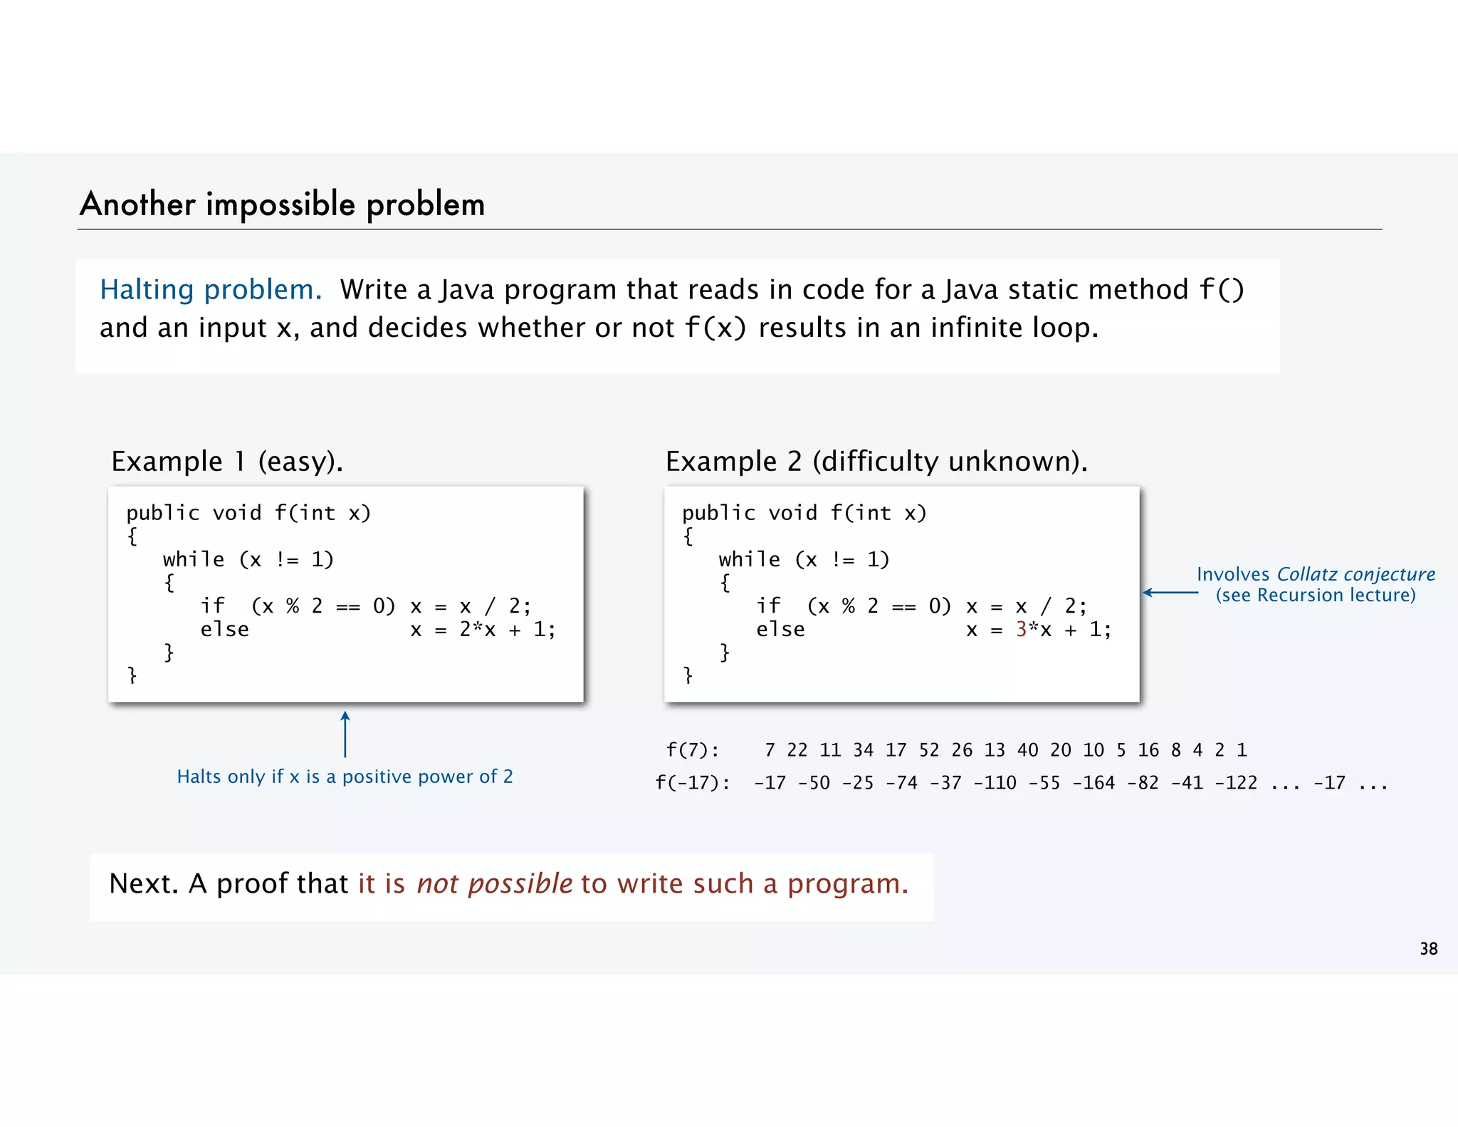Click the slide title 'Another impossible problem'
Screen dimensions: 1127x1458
[283, 204]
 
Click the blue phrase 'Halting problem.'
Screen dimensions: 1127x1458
[211, 290]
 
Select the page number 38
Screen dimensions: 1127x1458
[1428, 949]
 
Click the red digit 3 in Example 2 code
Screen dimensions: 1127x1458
[1022, 629]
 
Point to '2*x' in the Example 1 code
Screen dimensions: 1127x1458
[477, 629]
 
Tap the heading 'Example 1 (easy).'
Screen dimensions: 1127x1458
[227, 462]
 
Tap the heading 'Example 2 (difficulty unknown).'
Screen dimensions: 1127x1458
[876, 462]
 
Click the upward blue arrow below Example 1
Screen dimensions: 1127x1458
[345, 734]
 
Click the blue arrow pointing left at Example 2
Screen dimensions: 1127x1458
[1170, 592]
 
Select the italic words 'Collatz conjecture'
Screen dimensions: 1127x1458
[1355, 574]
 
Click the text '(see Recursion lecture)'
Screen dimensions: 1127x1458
[1316, 595]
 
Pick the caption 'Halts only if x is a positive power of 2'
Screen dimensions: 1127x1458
[345, 777]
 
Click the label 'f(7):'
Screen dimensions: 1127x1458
[692, 750]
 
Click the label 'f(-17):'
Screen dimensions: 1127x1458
[692, 783]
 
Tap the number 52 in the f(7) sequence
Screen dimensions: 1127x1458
[929, 750]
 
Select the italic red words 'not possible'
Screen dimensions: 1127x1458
[494, 884]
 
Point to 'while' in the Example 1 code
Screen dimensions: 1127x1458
[194, 560]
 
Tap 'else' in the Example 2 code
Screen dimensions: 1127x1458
[780, 629]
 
